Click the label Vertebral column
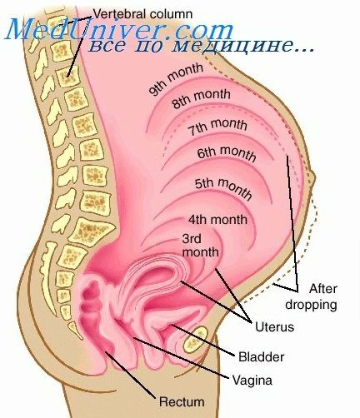[x=142, y=14]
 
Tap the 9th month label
[x=176, y=79]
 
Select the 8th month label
[x=201, y=98]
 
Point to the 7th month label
[x=217, y=127]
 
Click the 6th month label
[x=227, y=153]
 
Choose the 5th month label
[x=223, y=188]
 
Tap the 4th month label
[x=217, y=220]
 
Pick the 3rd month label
[x=200, y=246]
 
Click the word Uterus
[x=274, y=326]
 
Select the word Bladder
[x=262, y=356]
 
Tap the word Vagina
[x=252, y=380]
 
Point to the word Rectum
[x=182, y=401]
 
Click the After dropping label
[x=312, y=296]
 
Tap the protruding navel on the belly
[x=312, y=179]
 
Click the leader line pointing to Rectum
[x=129, y=374]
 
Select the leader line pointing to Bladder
[x=203, y=340]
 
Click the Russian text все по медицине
[x=201, y=45]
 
